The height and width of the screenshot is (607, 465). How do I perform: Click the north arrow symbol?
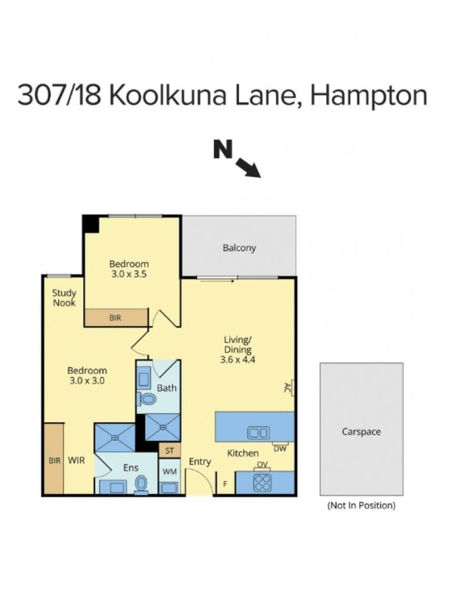pos(248,167)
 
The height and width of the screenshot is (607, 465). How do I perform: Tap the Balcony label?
pos(239,248)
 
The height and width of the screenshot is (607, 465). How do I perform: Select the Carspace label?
pos(361,431)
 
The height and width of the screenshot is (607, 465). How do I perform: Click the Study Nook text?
pos(64,298)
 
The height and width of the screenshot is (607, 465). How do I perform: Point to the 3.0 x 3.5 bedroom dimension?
pos(129,274)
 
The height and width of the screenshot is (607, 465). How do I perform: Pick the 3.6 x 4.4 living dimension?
pos(238,360)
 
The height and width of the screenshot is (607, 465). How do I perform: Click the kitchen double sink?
pos(258,433)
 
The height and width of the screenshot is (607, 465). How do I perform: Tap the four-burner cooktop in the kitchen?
pos(262,483)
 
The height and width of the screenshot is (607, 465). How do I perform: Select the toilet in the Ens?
pos(142,485)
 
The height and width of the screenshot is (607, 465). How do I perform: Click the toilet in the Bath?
pos(147,398)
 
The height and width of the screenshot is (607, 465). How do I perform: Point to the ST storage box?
pos(170,451)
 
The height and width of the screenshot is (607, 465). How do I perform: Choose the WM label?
pos(170,472)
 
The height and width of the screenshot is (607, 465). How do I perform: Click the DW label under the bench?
pos(280,449)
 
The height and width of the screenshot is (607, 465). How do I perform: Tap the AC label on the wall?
pos(288,387)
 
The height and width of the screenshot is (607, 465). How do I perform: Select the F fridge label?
pos(225,483)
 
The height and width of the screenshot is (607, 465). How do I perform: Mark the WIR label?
pos(76,460)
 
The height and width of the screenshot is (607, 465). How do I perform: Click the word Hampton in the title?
pos(369,96)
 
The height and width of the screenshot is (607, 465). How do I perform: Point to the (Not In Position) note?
pos(362,505)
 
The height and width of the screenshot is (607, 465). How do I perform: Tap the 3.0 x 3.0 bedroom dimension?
pos(87,380)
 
